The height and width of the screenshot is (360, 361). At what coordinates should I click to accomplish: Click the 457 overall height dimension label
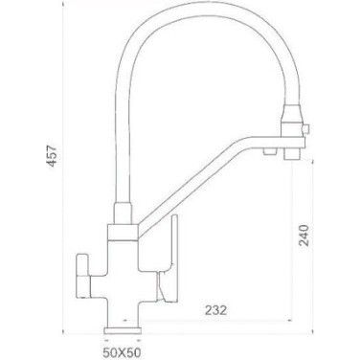pos(52,156)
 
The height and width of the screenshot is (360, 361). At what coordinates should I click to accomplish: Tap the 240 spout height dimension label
pos(304,236)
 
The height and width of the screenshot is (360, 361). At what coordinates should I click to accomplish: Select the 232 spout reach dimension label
pos(216,309)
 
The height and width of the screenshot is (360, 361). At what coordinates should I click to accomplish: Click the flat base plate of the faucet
pos(123,330)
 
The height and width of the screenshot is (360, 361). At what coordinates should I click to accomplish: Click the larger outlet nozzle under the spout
pos(292,155)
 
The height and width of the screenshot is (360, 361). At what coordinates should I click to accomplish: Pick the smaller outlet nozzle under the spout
pos(269,151)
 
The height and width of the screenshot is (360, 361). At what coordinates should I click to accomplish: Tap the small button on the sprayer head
pos(306,128)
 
